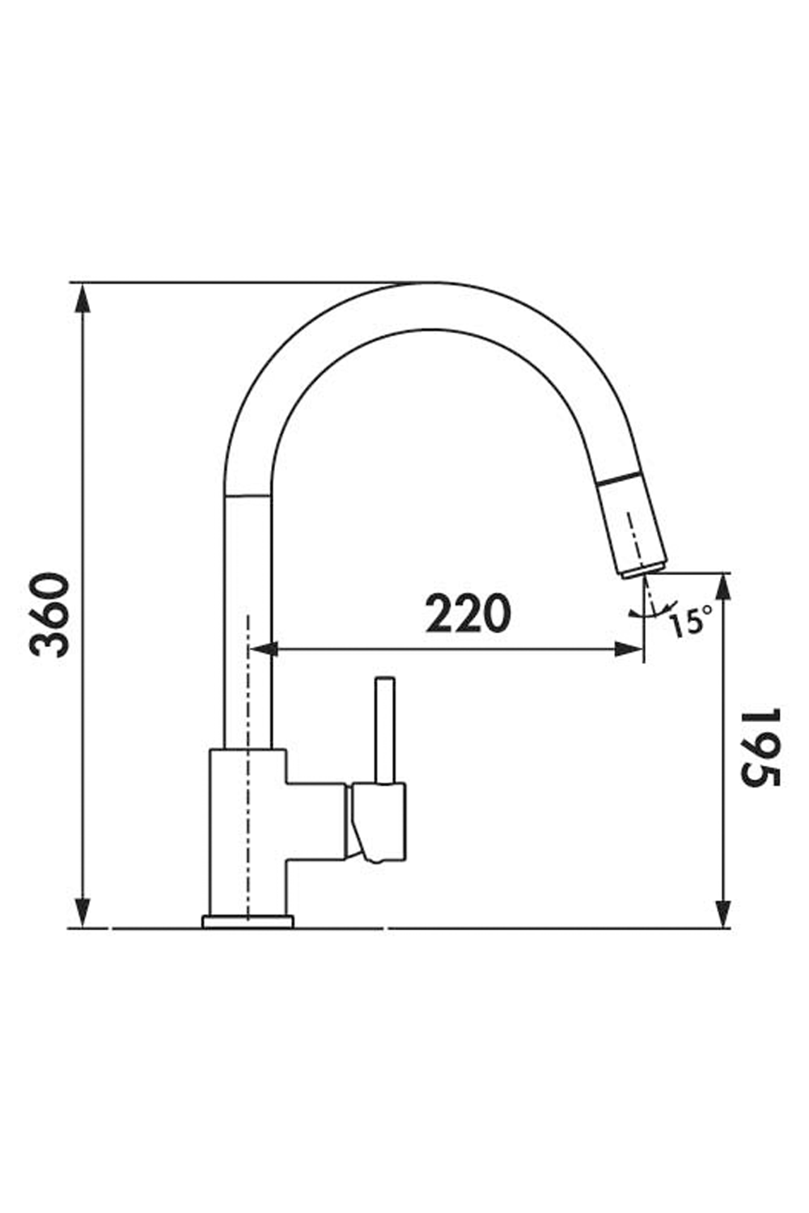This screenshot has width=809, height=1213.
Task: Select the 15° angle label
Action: click(x=689, y=620)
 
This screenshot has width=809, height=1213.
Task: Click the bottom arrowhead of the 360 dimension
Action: click(x=82, y=912)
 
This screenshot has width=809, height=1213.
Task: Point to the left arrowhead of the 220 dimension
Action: click(x=263, y=649)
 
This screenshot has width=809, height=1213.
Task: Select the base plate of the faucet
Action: click(x=248, y=921)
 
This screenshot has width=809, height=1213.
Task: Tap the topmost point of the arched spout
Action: click(x=437, y=285)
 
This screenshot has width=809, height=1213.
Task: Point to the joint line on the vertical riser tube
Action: click(x=248, y=495)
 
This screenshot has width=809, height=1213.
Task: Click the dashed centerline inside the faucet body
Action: click(x=248, y=809)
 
